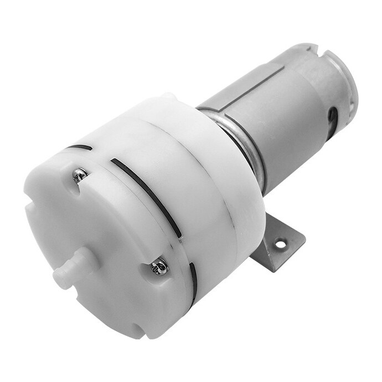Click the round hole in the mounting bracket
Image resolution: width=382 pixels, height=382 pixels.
[282, 242]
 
